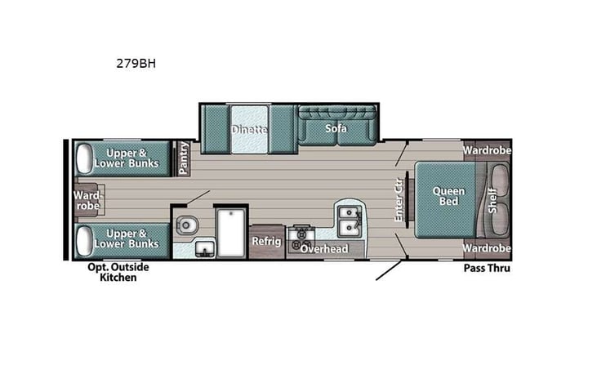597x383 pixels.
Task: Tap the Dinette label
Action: point(249,129)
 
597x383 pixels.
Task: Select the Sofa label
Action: point(336,129)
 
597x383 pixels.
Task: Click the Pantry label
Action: point(185,158)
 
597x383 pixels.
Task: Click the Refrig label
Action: point(266,241)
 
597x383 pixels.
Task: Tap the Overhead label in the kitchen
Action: point(324,248)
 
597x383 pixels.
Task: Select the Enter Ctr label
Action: point(399,199)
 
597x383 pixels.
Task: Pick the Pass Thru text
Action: point(487,268)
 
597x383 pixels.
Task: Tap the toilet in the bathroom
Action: point(188,222)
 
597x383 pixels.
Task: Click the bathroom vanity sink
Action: point(204,247)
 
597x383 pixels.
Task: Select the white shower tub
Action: point(231,231)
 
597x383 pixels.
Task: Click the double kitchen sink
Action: point(348,218)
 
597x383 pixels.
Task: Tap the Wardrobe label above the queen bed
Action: point(487,151)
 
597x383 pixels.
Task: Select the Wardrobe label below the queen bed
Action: point(487,248)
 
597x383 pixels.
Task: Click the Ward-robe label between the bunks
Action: point(87,200)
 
